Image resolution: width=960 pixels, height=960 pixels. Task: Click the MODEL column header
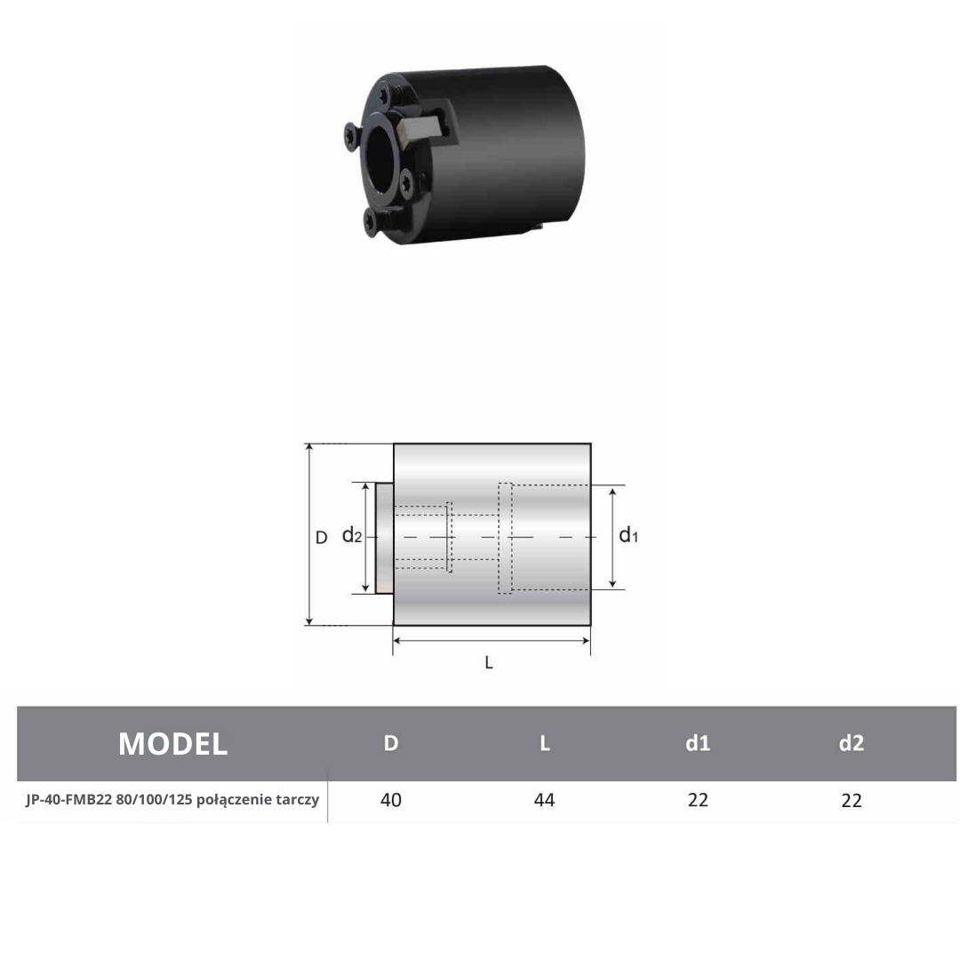(x=172, y=744)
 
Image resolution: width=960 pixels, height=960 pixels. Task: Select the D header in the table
(x=390, y=743)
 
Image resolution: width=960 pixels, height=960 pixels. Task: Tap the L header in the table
(x=544, y=743)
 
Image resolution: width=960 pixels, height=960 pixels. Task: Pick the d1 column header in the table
(x=698, y=743)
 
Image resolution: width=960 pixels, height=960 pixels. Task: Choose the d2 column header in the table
(x=851, y=743)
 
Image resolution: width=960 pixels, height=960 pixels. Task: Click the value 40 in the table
(x=390, y=800)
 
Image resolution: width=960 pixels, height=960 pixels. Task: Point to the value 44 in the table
(x=544, y=800)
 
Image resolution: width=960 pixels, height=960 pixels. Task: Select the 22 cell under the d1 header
(x=698, y=800)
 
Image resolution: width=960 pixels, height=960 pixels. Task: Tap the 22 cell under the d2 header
(x=851, y=800)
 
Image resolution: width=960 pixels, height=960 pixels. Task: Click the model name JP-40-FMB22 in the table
(x=68, y=800)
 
